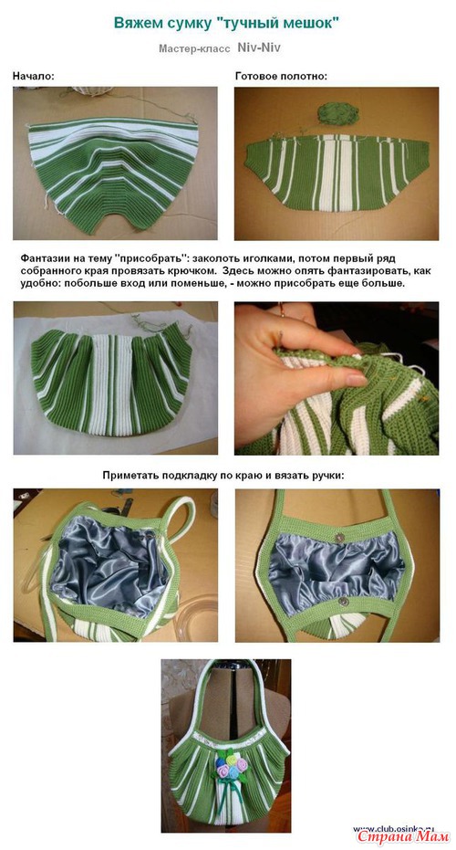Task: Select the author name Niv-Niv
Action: pos(259,47)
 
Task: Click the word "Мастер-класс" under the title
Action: pos(194,48)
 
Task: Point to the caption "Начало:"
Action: pos(34,76)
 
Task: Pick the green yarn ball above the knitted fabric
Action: pos(338,112)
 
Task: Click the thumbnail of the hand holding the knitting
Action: pos(337,378)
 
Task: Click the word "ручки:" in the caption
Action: pos(327,476)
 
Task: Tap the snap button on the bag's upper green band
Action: pos(339,538)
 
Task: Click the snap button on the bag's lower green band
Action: pos(343,601)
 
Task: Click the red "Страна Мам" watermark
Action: pos(403,836)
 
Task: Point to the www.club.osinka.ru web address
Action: pos(394,829)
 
